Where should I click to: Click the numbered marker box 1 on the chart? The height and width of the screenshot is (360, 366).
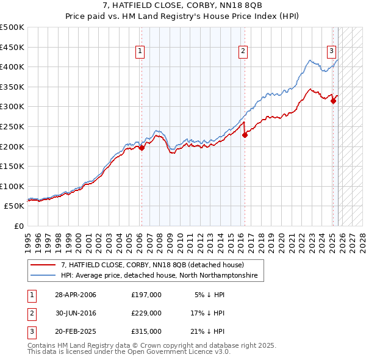pyautogui.click(x=140, y=51)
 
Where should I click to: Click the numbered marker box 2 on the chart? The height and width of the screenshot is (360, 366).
pyautogui.click(x=243, y=51)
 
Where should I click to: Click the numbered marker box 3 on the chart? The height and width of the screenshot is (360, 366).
pyautogui.click(x=331, y=51)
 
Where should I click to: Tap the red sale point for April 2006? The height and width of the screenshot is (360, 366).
pyautogui.click(x=142, y=147)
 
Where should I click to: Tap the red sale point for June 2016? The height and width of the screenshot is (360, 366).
pyautogui.click(x=245, y=135)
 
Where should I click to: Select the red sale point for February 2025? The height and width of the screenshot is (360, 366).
pyautogui.click(x=333, y=101)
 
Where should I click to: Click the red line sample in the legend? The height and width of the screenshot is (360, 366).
pyautogui.click(x=44, y=265)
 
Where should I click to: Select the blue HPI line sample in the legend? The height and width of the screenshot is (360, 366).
pyautogui.click(x=44, y=276)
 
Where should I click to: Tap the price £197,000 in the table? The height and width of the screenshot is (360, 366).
pyautogui.click(x=146, y=295)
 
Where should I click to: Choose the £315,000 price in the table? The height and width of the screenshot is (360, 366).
pyautogui.click(x=146, y=331)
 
